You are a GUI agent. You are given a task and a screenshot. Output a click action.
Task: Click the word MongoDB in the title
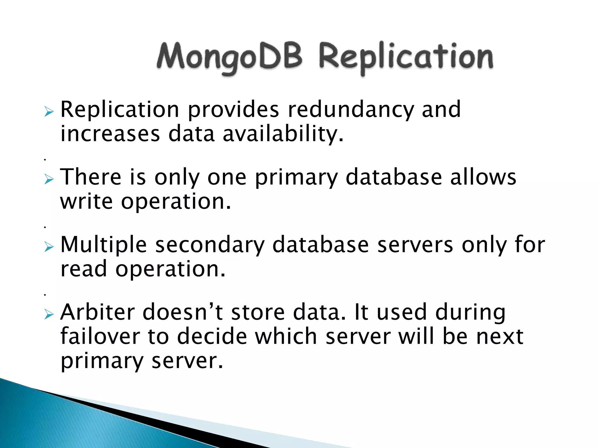click(230, 57)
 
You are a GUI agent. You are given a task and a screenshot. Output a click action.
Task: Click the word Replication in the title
click(406, 57)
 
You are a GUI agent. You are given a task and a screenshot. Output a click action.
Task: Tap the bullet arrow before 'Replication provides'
click(49, 111)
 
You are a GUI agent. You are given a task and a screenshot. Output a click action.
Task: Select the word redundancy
click(351, 110)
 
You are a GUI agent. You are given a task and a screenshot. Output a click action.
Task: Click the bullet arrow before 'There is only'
click(49, 179)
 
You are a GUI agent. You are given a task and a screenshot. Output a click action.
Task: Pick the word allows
click(483, 177)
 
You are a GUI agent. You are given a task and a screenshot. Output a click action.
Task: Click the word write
click(86, 202)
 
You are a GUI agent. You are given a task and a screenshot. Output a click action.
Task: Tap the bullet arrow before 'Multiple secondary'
click(49, 247)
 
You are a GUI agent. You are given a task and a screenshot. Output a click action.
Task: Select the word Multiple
click(103, 245)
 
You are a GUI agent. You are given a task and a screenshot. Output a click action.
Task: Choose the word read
click(84, 269)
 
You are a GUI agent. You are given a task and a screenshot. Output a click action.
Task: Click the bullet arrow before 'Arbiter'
click(49, 314)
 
